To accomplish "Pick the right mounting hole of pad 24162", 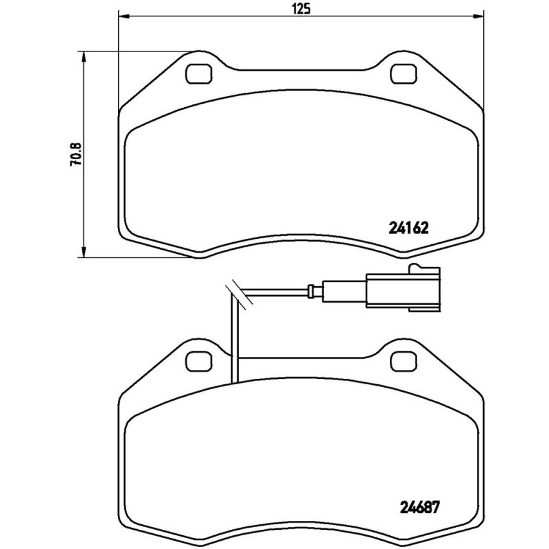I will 402,72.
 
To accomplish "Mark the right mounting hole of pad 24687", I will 402,359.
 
